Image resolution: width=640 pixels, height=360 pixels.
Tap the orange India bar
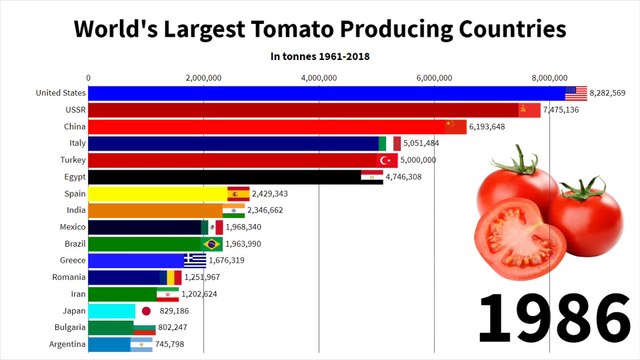pyautogui.click(x=155, y=210)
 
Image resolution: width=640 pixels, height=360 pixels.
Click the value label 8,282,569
pyautogui.click(x=607, y=93)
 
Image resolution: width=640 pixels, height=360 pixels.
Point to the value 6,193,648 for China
pyautogui.click(x=491, y=127)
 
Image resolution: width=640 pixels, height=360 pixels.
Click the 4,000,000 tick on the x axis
pyautogui.click(x=318, y=76)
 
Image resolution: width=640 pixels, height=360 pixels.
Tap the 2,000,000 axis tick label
pyautogui.click(x=203, y=76)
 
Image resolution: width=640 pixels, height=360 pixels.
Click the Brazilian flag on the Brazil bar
pyautogui.click(x=212, y=244)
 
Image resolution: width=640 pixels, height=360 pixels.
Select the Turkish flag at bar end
pyautogui.click(x=383, y=160)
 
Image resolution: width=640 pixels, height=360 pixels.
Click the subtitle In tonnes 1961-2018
pyautogui.click(x=319, y=55)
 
